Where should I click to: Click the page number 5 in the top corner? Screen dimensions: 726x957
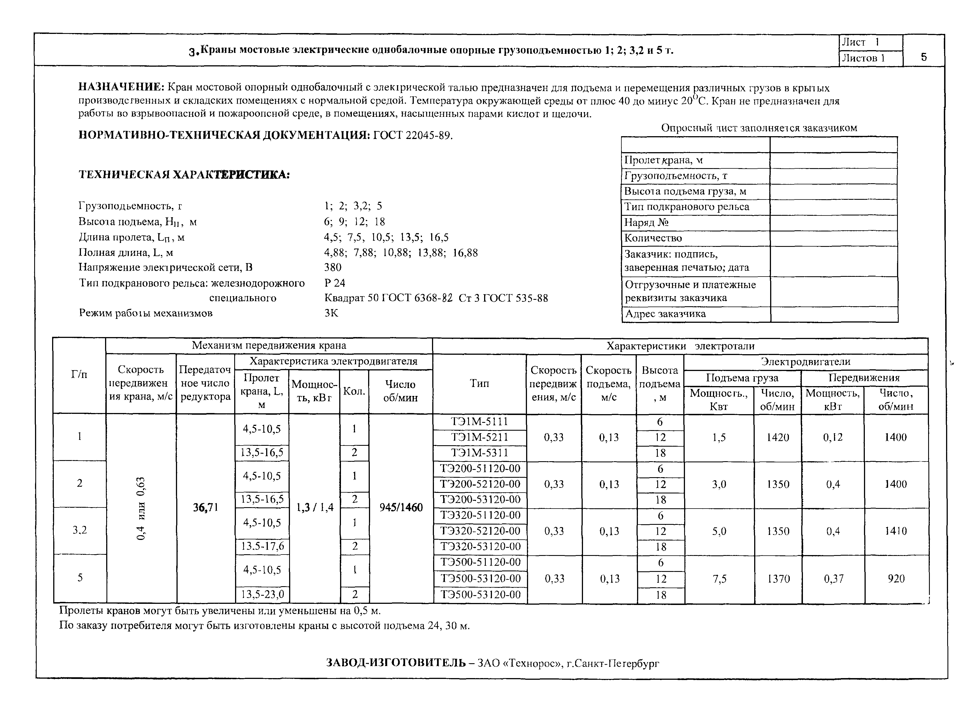[924, 57]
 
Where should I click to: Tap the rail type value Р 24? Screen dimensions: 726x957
[335, 283]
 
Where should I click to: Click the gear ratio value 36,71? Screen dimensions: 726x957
[206, 507]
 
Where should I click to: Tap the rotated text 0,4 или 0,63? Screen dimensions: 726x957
[141, 508]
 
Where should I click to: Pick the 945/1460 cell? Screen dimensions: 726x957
[401, 507]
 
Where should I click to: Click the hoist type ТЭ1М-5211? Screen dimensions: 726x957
[479, 437]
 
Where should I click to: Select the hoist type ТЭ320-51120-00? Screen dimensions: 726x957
[480, 515]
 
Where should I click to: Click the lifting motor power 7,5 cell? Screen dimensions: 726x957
[719, 579]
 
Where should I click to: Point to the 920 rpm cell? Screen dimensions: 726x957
[896, 579]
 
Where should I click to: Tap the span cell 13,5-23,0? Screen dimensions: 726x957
[262, 595]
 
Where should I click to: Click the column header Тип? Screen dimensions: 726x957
[479, 383]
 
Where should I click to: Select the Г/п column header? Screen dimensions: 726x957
[79, 375]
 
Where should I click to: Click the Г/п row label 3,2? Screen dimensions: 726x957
[80, 530]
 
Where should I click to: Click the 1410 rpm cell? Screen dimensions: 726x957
[896, 531]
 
